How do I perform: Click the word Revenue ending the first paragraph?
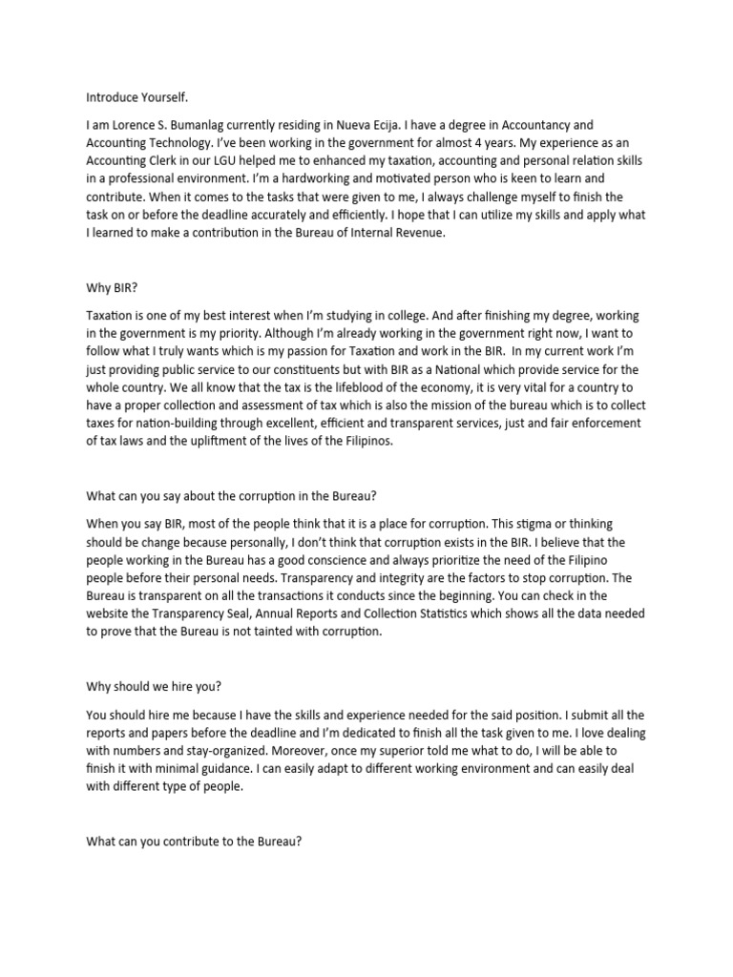417,234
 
